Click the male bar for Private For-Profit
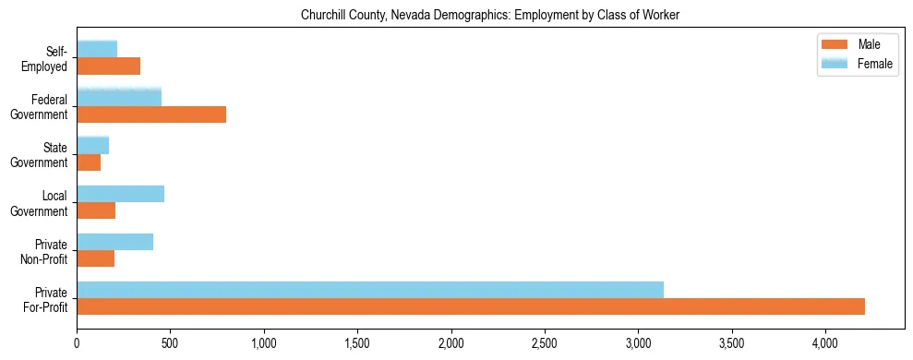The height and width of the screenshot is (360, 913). (471, 306)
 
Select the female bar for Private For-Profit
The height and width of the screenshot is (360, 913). (370, 290)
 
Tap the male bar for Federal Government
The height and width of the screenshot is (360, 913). (151, 114)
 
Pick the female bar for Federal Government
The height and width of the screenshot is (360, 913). (119, 98)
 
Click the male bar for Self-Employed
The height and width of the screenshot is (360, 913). (108, 66)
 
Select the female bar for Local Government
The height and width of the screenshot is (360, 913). (120, 194)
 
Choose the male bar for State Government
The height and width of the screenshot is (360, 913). (89, 162)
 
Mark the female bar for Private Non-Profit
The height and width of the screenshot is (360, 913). (114, 242)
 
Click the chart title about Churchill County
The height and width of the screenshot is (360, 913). (489, 16)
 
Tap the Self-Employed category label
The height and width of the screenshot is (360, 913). (47, 59)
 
